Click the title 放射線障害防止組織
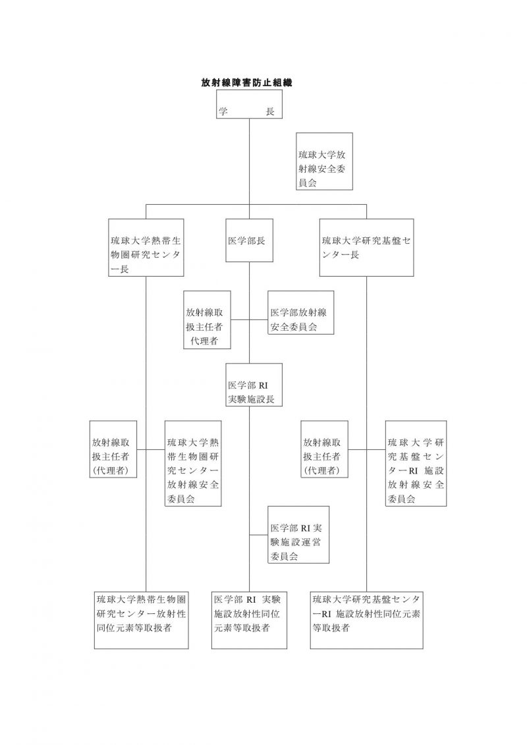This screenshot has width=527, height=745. pos(246,83)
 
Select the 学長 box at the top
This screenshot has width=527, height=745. pos(250,104)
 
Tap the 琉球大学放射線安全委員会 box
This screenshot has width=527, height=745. pos(325,161)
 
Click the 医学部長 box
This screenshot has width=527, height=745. pos(250,240)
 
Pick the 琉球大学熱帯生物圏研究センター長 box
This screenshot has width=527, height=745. pos(146,248)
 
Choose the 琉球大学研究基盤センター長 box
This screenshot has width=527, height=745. pos(366,248)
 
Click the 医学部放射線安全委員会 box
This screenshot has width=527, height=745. pos(301,313)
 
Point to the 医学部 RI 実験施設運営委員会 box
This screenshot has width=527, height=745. pos(298,535)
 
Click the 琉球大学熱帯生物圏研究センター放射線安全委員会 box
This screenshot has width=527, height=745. pos(193,463)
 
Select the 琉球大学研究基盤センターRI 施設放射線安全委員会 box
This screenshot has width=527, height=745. pos(416,463)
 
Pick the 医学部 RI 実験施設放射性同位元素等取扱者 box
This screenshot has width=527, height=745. pos(250,620)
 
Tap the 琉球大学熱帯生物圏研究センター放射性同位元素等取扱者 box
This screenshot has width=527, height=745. pos(141,620)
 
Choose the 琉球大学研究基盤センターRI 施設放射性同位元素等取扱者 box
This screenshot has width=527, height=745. pos(366,620)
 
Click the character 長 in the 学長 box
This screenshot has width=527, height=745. pos(270,112)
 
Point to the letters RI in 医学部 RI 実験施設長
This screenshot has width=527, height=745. pos(263,386)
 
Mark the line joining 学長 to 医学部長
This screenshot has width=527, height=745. pos(250,169)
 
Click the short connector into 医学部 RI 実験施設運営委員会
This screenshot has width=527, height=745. pos(259,535)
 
